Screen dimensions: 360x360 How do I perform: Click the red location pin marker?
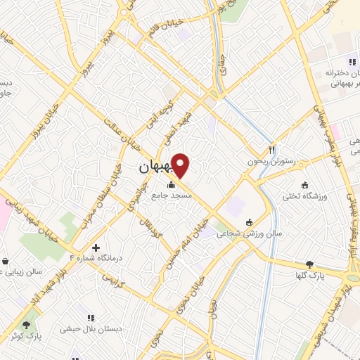click(181, 165)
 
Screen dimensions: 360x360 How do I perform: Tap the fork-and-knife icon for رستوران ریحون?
click(271, 150)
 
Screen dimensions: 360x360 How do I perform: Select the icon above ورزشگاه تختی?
click(304, 185)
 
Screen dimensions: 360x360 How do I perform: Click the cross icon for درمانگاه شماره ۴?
click(96, 247)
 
